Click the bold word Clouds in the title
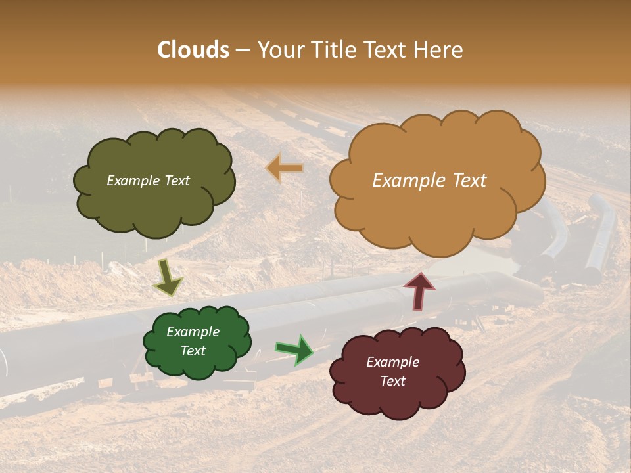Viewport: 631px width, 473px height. pos(193,50)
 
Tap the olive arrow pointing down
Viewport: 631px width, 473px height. pos(168,279)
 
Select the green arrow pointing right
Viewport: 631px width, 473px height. pos(294,350)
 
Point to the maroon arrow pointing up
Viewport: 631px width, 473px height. pos(419,290)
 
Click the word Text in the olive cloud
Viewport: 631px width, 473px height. pos(177,181)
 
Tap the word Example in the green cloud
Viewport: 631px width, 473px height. pos(193,332)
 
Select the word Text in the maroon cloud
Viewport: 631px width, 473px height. pos(392,381)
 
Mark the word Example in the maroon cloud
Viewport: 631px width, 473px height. pos(392,362)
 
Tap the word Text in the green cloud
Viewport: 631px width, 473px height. pos(193,351)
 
